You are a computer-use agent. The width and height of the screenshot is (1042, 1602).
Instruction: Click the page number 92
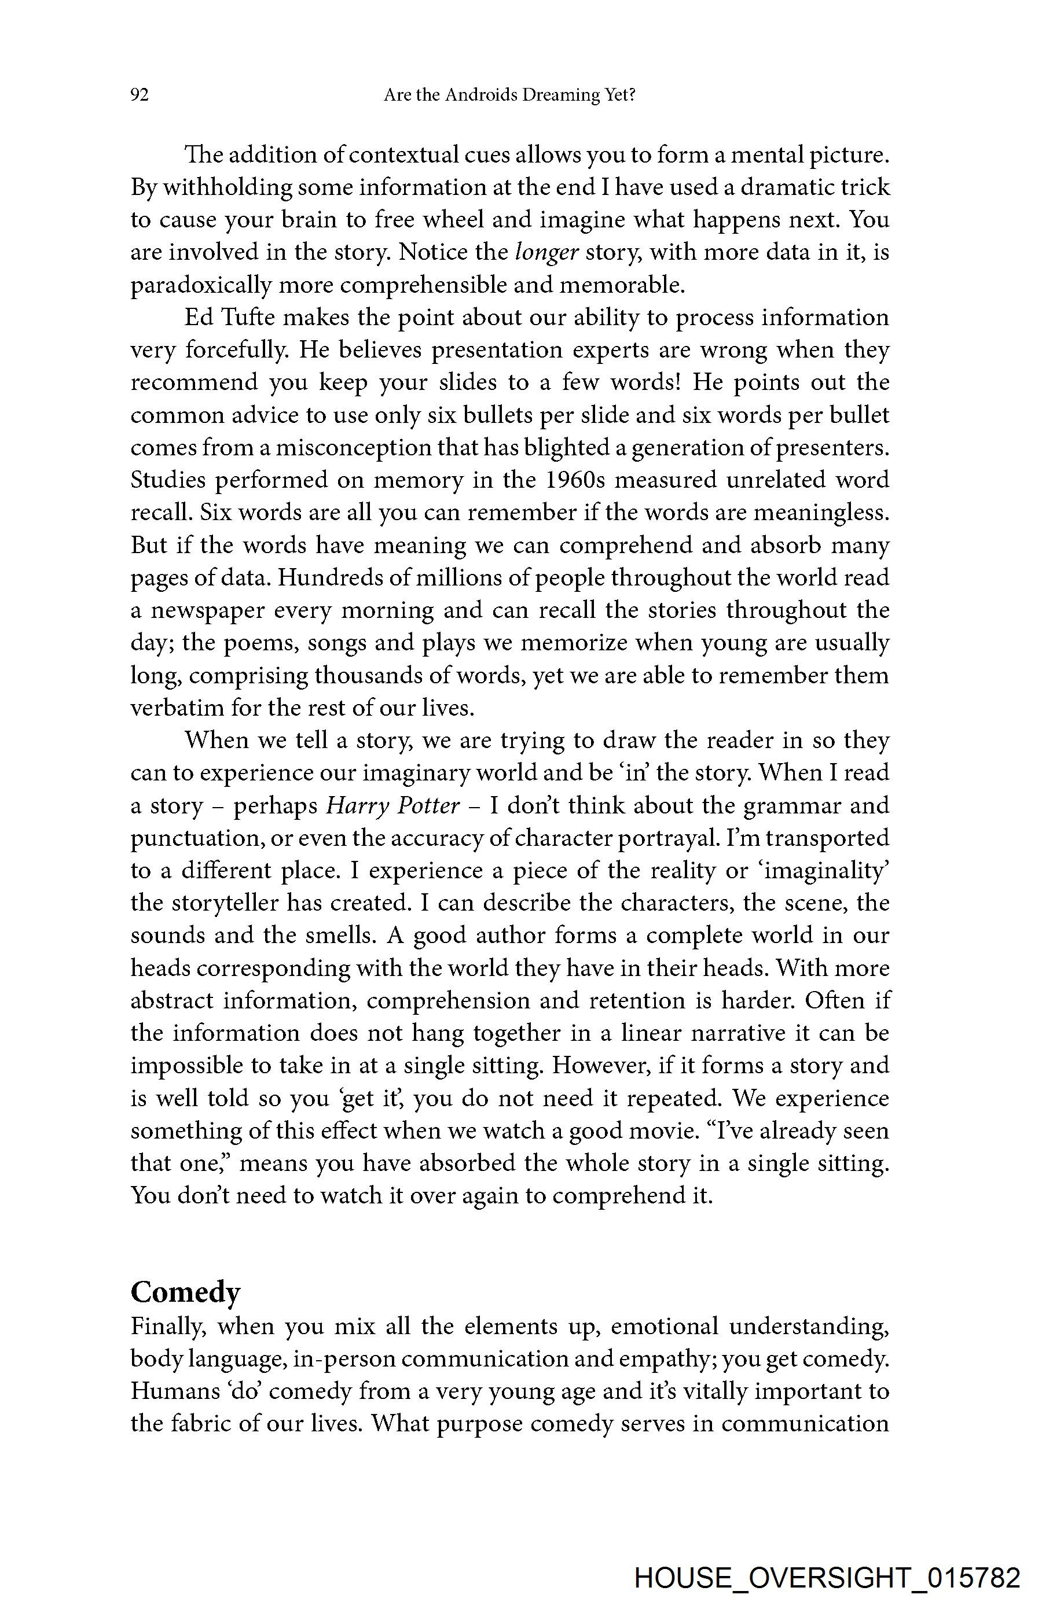pos(140,95)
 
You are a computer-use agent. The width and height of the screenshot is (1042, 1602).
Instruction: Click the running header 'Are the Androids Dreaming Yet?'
pos(509,95)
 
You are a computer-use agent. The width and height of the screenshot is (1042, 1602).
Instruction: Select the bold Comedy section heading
pos(185,1292)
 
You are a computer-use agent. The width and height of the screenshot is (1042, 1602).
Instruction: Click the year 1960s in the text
pos(574,480)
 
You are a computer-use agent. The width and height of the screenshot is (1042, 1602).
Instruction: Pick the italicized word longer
pos(546,252)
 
